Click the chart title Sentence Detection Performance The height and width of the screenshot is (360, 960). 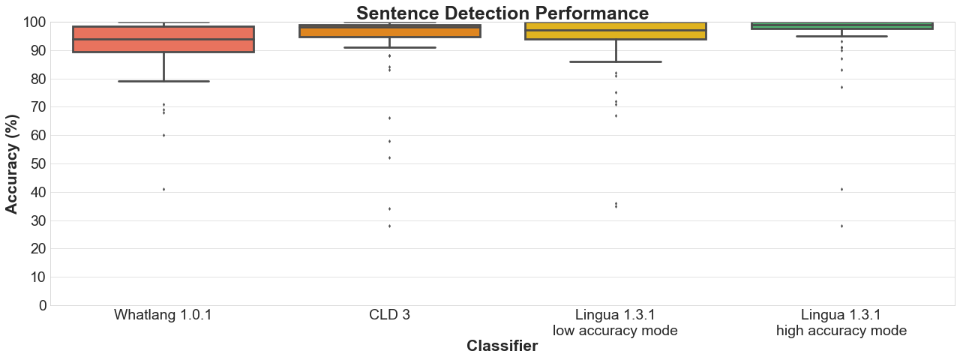[x=502, y=13]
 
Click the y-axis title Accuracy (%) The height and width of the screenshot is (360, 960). [x=13, y=163]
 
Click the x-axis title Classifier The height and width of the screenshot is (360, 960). [x=502, y=346]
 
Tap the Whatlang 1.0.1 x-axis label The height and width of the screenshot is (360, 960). [x=163, y=315]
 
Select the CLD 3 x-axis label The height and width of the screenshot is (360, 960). [x=389, y=315]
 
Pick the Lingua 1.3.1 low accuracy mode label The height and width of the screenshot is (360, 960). [x=615, y=322]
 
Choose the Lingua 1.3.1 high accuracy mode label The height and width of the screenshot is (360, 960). [x=841, y=322]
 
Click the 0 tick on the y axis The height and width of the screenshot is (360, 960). [x=42, y=305]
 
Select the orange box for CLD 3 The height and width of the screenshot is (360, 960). [x=389, y=32]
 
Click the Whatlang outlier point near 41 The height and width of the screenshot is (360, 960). [x=163, y=189]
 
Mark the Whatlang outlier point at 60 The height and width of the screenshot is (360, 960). [x=163, y=135]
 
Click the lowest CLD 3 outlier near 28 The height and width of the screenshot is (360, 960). [x=389, y=226]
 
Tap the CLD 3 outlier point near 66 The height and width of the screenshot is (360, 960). [x=389, y=118]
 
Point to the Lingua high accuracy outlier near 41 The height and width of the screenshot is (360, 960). [x=841, y=189]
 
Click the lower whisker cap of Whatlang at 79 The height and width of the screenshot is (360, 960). [x=163, y=81]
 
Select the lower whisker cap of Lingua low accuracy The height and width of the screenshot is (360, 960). [x=615, y=61]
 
